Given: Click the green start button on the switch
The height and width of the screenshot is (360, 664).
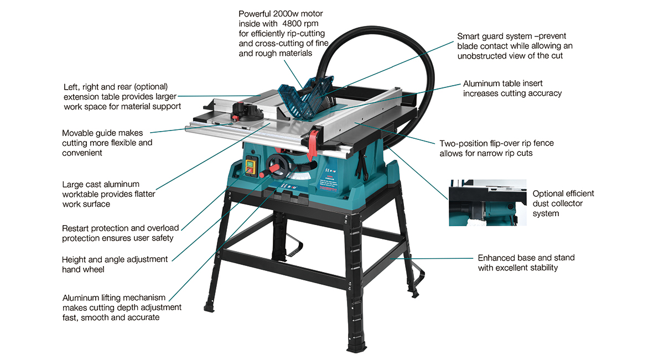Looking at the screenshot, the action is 250,163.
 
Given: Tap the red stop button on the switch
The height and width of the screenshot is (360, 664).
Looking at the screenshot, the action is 250,170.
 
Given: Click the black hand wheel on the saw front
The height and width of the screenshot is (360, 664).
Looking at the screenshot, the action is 277,166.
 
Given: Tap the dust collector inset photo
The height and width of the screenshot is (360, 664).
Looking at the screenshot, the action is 487,202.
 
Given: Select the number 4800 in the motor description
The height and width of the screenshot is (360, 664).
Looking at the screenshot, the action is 292,23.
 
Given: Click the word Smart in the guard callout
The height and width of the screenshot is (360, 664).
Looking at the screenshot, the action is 468,36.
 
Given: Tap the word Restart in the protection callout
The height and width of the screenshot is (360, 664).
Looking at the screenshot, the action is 75,228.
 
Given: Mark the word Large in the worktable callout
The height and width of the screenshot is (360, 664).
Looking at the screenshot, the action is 72,185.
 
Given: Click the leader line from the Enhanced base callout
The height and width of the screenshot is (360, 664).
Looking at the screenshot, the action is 432,258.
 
